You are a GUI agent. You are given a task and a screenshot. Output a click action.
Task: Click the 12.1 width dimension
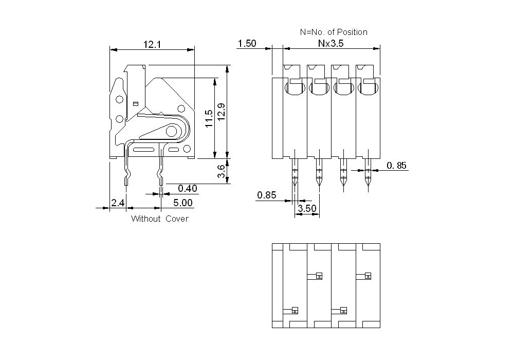point(152,45)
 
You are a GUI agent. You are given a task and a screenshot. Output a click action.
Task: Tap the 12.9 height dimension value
point(221,112)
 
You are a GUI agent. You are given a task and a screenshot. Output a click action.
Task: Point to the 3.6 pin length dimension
point(221,172)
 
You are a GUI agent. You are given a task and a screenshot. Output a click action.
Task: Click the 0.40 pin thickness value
point(188,189)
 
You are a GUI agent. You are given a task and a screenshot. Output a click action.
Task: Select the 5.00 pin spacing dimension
point(182,203)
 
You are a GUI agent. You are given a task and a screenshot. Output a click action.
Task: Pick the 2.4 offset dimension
point(118,203)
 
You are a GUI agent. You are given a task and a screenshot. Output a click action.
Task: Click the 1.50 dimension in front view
point(247,44)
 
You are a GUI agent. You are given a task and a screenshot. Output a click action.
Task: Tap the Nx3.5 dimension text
point(331,44)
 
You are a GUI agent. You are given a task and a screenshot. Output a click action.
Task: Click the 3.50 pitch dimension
point(308,209)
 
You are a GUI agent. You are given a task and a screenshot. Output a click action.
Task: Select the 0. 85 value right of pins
point(396,166)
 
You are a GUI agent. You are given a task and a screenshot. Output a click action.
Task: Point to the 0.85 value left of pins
point(267,195)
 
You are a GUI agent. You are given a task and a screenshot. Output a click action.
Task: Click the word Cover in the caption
point(177,219)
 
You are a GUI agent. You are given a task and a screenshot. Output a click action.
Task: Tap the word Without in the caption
point(146,219)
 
